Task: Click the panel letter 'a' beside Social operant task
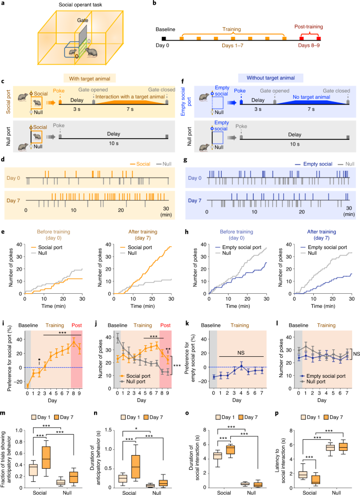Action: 4,4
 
